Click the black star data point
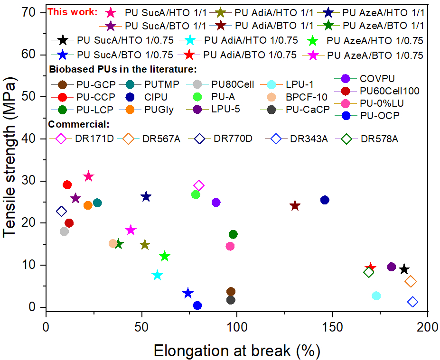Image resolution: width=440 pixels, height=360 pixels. point(404,269)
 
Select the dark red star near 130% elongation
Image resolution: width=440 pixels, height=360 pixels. point(295,205)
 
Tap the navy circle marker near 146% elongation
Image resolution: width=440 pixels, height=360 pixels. point(325,200)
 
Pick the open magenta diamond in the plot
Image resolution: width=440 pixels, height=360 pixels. point(199,185)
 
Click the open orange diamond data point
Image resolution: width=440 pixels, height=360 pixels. point(411,281)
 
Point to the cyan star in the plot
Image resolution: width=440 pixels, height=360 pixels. point(157,275)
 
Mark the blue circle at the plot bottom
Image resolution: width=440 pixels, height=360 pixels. point(197,305)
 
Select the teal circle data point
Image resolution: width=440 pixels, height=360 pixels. point(97,203)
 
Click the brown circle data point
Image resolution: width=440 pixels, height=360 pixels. point(231,292)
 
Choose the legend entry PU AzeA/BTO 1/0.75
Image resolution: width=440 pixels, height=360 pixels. point(375,55)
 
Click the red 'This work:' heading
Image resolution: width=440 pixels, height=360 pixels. point(73,11)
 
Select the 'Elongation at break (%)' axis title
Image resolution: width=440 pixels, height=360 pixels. point(236,351)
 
